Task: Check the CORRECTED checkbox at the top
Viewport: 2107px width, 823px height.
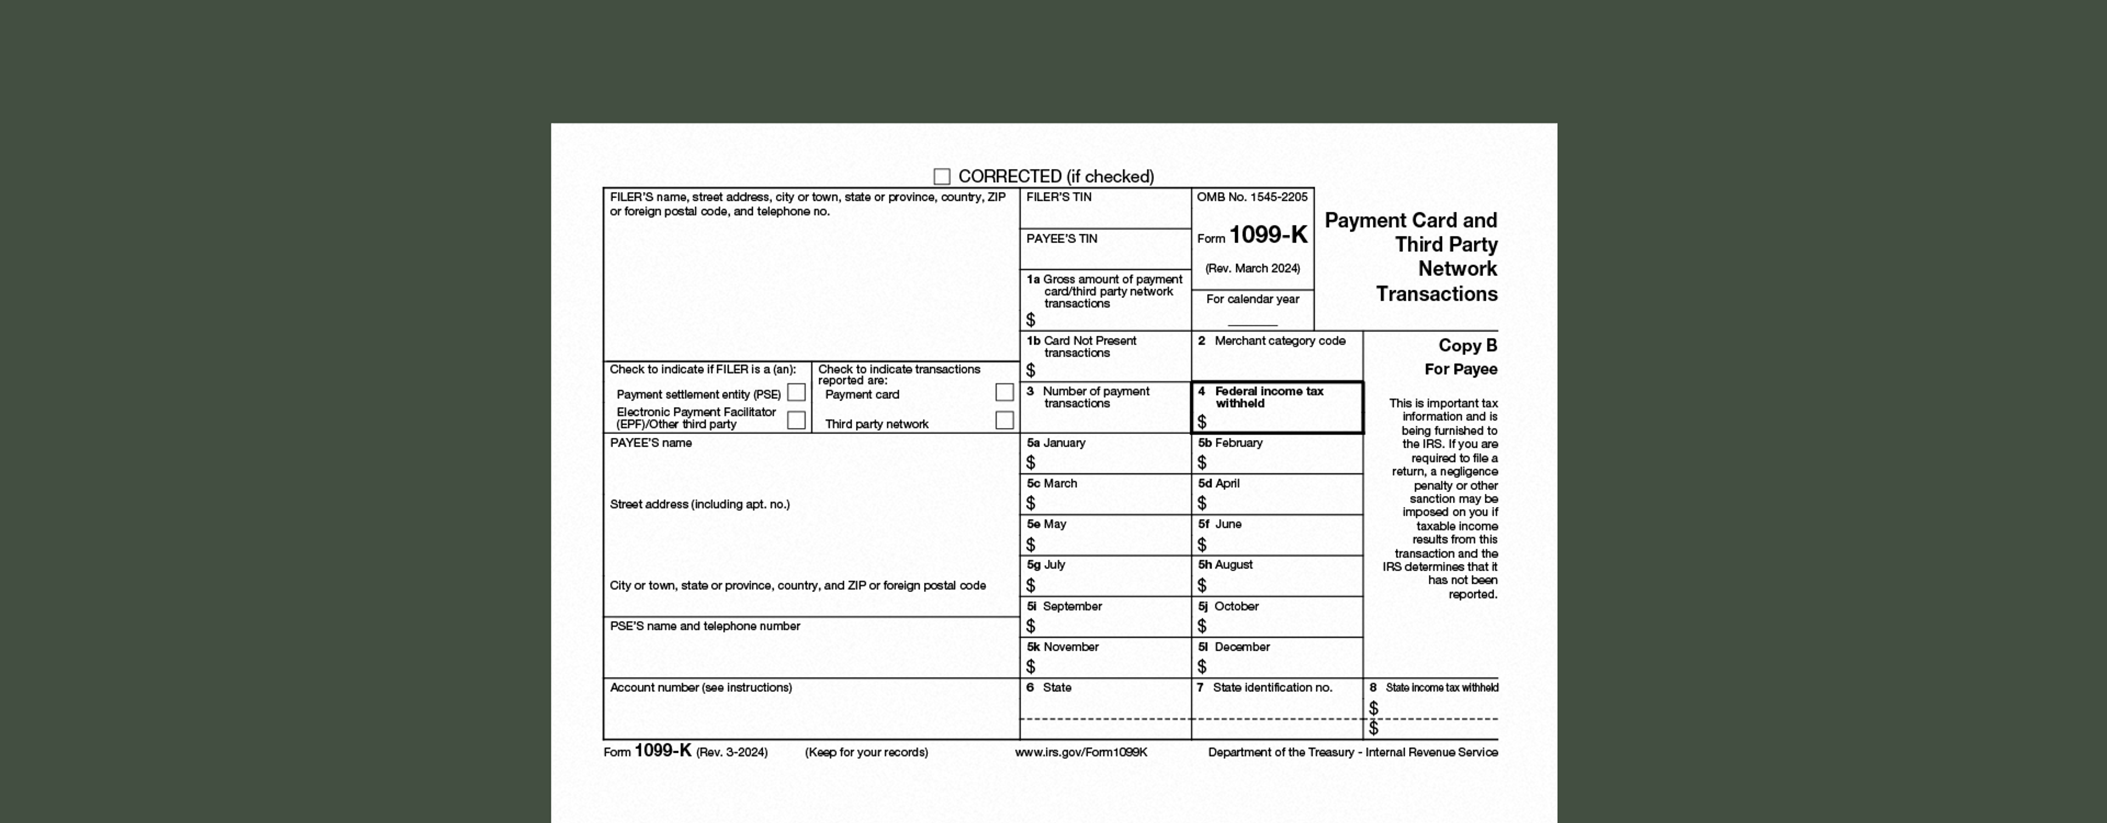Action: (x=942, y=177)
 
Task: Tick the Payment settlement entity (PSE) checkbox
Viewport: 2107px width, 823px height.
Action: (x=796, y=393)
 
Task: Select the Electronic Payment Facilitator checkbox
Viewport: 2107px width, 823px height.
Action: (x=796, y=420)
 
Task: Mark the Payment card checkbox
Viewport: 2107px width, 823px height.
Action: (x=1005, y=393)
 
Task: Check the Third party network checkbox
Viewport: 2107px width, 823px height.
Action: (x=1005, y=420)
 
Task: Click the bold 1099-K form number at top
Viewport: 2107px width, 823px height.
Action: (x=1268, y=235)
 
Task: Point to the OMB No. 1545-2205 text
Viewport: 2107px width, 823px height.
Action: (x=1252, y=197)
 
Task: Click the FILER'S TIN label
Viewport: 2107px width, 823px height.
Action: (x=1058, y=197)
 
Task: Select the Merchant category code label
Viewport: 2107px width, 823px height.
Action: (x=1279, y=341)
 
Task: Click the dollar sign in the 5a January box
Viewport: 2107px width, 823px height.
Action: (x=1030, y=463)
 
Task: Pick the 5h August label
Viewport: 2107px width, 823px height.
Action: (x=1225, y=565)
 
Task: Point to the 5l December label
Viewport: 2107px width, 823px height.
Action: (x=1233, y=647)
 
